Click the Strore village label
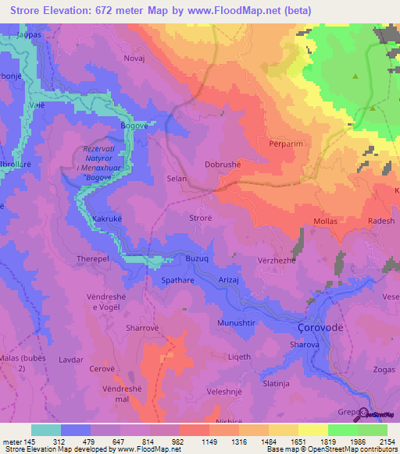coord(201,219)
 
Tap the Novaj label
coord(135,59)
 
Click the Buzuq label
coord(198,257)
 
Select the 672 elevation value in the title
coord(109,11)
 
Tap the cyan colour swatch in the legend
coord(45,430)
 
